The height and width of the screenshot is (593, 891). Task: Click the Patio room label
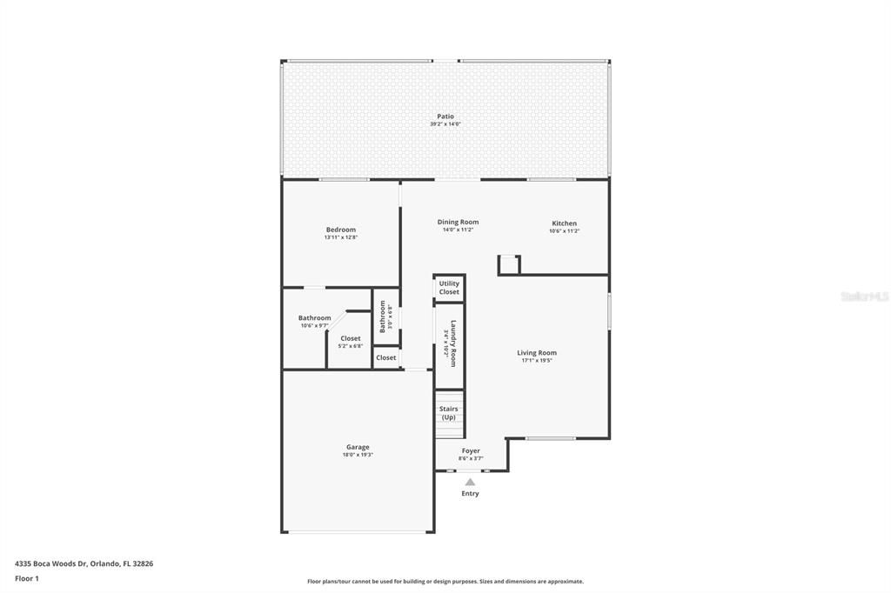click(x=445, y=117)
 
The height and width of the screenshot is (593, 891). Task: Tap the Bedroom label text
click(x=340, y=230)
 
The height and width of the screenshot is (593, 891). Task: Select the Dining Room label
click(x=458, y=222)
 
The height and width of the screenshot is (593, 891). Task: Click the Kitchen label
click(x=563, y=223)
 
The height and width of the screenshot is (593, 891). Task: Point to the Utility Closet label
click(x=449, y=288)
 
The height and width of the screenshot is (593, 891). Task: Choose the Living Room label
click(x=537, y=353)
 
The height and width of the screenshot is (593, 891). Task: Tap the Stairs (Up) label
click(x=448, y=413)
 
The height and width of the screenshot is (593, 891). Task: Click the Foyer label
click(x=471, y=450)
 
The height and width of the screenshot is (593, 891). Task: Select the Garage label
click(x=358, y=447)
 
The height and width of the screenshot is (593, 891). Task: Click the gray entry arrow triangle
click(x=470, y=482)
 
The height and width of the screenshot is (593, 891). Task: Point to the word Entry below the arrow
click(x=470, y=494)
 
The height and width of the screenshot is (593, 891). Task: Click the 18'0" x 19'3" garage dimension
click(x=358, y=455)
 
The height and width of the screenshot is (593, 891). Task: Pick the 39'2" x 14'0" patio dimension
click(x=445, y=124)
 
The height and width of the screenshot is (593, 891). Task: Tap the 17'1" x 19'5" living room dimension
click(x=537, y=361)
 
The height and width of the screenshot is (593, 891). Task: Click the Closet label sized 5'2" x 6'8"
click(x=351, y=338)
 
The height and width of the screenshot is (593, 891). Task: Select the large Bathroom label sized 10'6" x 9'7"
click(x=314, y=318)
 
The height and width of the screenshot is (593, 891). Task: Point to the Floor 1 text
click(x=27, y=578)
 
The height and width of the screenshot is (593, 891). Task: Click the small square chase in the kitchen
click(x=508, y=264)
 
